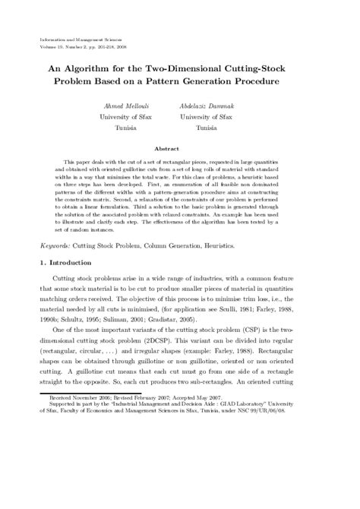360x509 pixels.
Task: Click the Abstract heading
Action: pos(179,150)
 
